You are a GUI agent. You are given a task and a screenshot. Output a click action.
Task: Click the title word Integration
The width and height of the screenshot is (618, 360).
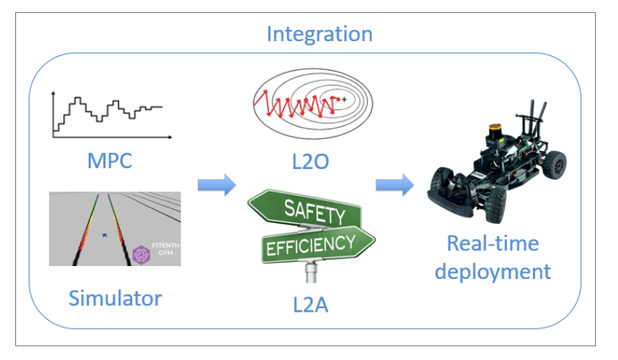coord(319,34)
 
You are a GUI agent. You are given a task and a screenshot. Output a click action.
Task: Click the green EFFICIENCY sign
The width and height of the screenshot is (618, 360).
coord(311,244)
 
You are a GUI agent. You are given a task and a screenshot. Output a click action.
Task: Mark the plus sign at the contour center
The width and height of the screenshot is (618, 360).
coord(345,99)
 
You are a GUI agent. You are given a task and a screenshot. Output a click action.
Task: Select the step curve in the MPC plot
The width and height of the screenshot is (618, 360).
coord(107,111)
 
